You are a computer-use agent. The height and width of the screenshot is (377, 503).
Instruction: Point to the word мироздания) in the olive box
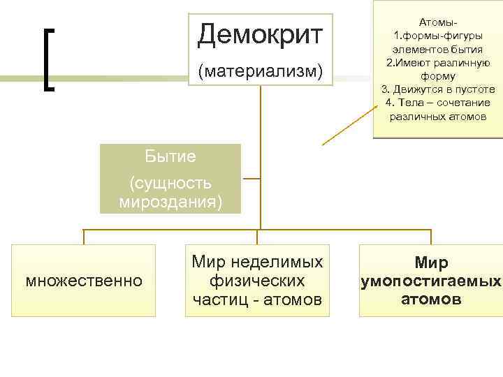(x=171, y=202)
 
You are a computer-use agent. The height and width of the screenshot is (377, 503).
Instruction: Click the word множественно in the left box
(x=83, y=281)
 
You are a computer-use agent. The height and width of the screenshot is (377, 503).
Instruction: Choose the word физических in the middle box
(x=257, y=281)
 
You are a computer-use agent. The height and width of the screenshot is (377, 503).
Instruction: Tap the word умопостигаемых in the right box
(x=431, y=281)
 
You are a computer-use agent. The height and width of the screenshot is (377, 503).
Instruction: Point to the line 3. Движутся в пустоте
(x=438, y=89)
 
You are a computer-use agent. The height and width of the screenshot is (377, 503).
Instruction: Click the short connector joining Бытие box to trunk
(x=250, y=179)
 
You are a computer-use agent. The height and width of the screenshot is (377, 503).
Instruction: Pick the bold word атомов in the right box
(x=431, y=300)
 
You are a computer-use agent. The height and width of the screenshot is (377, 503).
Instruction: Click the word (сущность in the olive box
(x=170, y=184)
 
